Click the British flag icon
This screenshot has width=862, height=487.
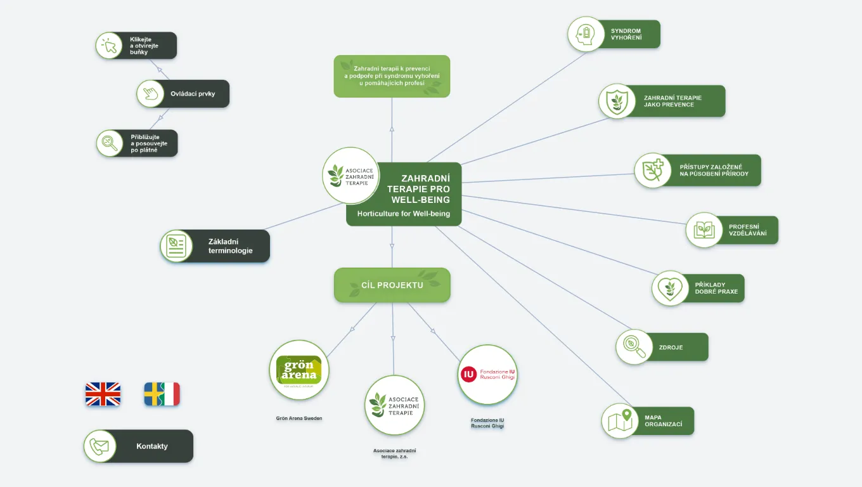pyautogui.click(x=103, y=394)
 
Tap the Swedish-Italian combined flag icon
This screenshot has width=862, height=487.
pyautogui.click(x=162, y=394)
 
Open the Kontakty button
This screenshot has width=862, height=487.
pyautogui.click(x=151, y=446)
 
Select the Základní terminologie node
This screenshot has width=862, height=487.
pyautogui.click(x=230, y=246)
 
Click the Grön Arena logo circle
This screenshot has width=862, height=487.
pyautogui.click(x=299, y=370)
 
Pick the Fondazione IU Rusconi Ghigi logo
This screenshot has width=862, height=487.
pyautogui.click(x=487, y=375)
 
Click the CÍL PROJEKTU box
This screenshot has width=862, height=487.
pyautogui.click(x=392, y=285)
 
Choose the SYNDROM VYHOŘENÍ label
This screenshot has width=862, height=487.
pyautogui.click(x=626, y=34)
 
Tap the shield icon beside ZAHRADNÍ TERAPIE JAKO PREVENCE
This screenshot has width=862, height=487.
pyautogui.click(x=617, y=101)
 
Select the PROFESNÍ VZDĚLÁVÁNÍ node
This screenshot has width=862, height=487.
pyautogui.click(x=747, y=230)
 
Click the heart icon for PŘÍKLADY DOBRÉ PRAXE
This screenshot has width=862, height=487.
pyautogui.click(x=669, y=289)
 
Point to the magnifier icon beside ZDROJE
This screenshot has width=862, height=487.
pyautogui.click(x=634, y=347)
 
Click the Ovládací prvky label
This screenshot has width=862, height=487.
pyautogui.click(x=193, y=94)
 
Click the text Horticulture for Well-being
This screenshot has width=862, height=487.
pyautogui.click(x=404, y=214)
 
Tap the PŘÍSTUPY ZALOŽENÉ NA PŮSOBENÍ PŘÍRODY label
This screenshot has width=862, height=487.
pyautogui.click(x=714, y=170)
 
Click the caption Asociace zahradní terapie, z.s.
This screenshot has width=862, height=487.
pyautogui.click(x=394, y=453)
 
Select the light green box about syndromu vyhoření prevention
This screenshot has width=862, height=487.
pyautogui.click(x=392, y=76)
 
